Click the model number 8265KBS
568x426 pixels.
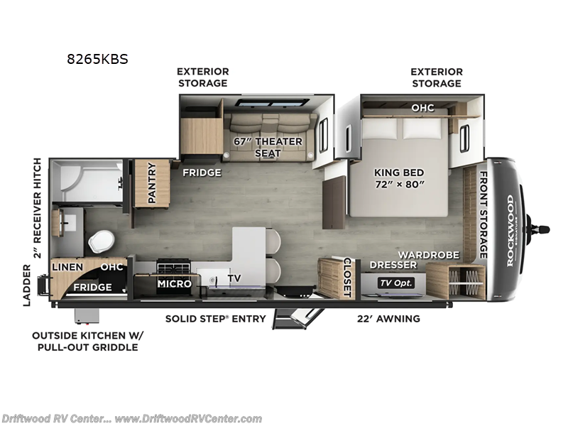click(97, 60)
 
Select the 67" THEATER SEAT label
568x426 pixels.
click(268, 147)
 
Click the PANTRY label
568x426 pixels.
click(151, 183)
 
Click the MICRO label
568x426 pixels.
click(175, 284)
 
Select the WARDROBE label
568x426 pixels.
click(428, 254)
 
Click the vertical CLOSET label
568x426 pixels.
click(346, 277)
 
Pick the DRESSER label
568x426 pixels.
click(393, 265)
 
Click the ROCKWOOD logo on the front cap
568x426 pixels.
click(510, 231)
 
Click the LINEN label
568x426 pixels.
click(68, 267)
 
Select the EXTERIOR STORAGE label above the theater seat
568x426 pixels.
click(202, 77)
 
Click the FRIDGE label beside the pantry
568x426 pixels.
click(202, 173)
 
